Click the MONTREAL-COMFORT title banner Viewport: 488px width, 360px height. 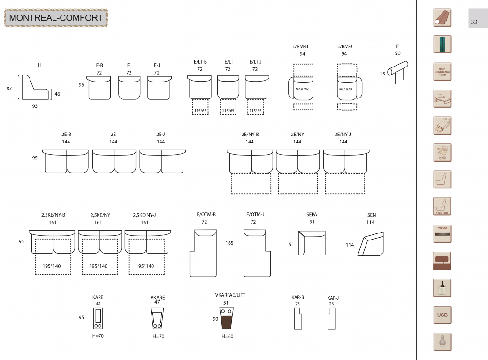click(56, 18)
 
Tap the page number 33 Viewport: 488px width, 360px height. click(474, 22)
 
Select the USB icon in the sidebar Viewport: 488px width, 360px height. click(442, 315)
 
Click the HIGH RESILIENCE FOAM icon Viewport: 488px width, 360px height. click(442, 72)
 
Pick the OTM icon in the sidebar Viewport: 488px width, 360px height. click(442, 153)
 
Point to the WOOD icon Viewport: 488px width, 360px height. click(442, 234)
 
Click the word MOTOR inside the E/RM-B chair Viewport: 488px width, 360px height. click(302, 89)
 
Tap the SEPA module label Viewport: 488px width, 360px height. click(312, 215)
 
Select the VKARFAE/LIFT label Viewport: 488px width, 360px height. click(230, 295)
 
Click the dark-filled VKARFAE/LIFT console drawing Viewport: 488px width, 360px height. click(226, 318)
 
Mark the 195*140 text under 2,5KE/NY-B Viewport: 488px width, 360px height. click(52, 266)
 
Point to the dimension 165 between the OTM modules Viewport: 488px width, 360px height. click(229, 243)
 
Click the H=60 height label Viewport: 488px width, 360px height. click(228, 336)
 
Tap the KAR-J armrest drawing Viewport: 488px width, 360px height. click(332, 318)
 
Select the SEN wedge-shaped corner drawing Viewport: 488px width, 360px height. click(370, 244)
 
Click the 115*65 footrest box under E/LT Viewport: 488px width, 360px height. click(228, 107)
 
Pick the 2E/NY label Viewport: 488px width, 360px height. click(297, 135)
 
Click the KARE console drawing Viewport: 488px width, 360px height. click(98, 318)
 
